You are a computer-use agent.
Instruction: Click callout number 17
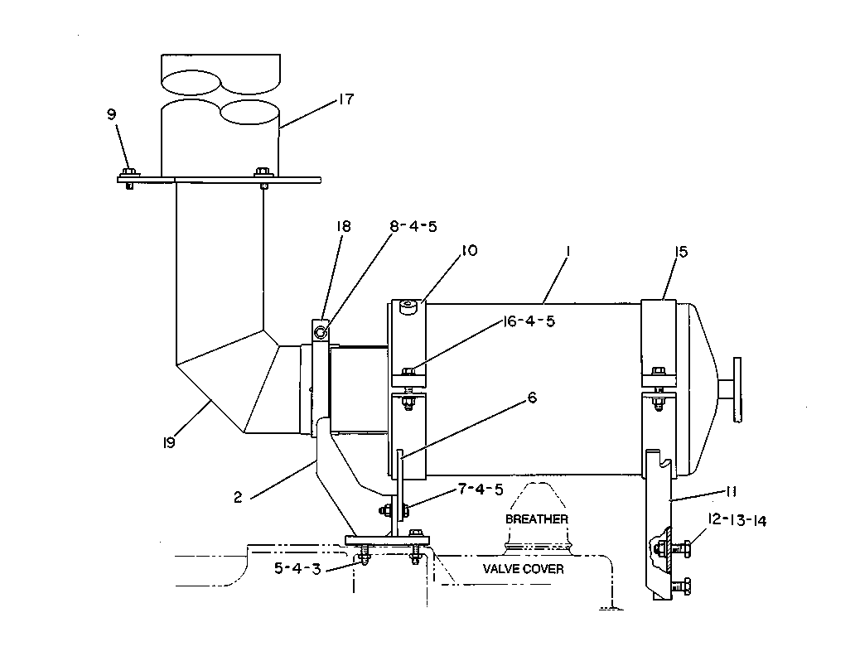coord(346,99)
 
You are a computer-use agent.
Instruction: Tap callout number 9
coord(111,114)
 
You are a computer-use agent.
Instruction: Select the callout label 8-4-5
coord(413,226)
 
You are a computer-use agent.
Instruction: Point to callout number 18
coord(344,226)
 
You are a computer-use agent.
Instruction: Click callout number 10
coord(469,250)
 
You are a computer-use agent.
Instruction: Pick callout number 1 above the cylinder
coord(568,251)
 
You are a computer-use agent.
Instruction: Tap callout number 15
coord(681,252)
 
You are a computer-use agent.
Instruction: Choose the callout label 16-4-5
coord(529,321)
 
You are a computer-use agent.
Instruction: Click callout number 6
coord(532,398)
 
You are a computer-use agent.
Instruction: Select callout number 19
coord(169,443)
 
